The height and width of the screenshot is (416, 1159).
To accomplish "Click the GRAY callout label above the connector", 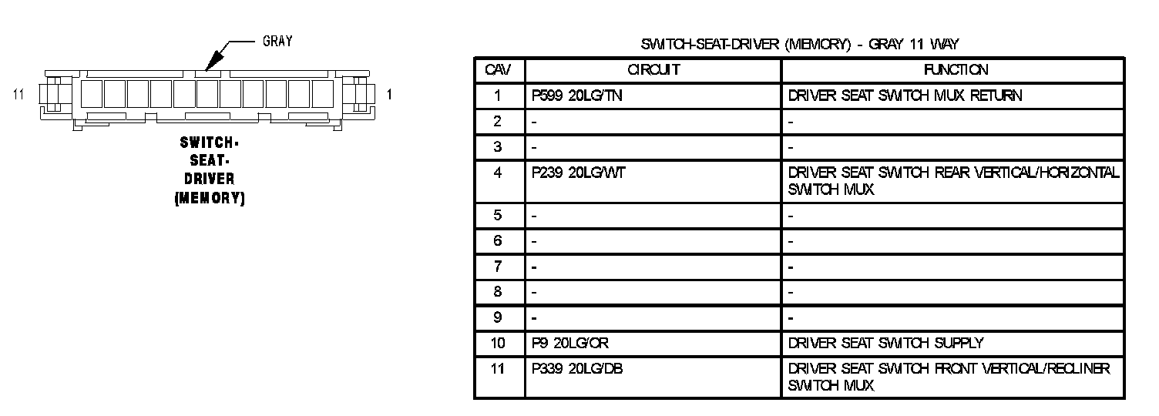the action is pos(277,42).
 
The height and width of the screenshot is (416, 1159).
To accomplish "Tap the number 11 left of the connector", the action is pos(20,95).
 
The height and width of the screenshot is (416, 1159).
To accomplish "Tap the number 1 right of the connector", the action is pos(390,95).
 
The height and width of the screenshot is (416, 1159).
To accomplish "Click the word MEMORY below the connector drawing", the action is pos(210,199).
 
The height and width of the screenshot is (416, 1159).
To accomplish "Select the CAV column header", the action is pos(499,70).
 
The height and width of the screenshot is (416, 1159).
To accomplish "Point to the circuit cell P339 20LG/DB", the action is pos(577,369).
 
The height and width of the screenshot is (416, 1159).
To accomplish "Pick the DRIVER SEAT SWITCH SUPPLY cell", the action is pos(885,343).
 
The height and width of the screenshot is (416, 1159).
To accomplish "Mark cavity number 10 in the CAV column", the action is pos(499,343).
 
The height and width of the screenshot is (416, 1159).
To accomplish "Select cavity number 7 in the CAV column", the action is pos(499,267).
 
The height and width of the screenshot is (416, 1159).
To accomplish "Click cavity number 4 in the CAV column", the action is pos(499,173).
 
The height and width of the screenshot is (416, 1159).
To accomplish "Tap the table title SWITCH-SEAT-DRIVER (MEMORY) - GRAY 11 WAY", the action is pos(799,45).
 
